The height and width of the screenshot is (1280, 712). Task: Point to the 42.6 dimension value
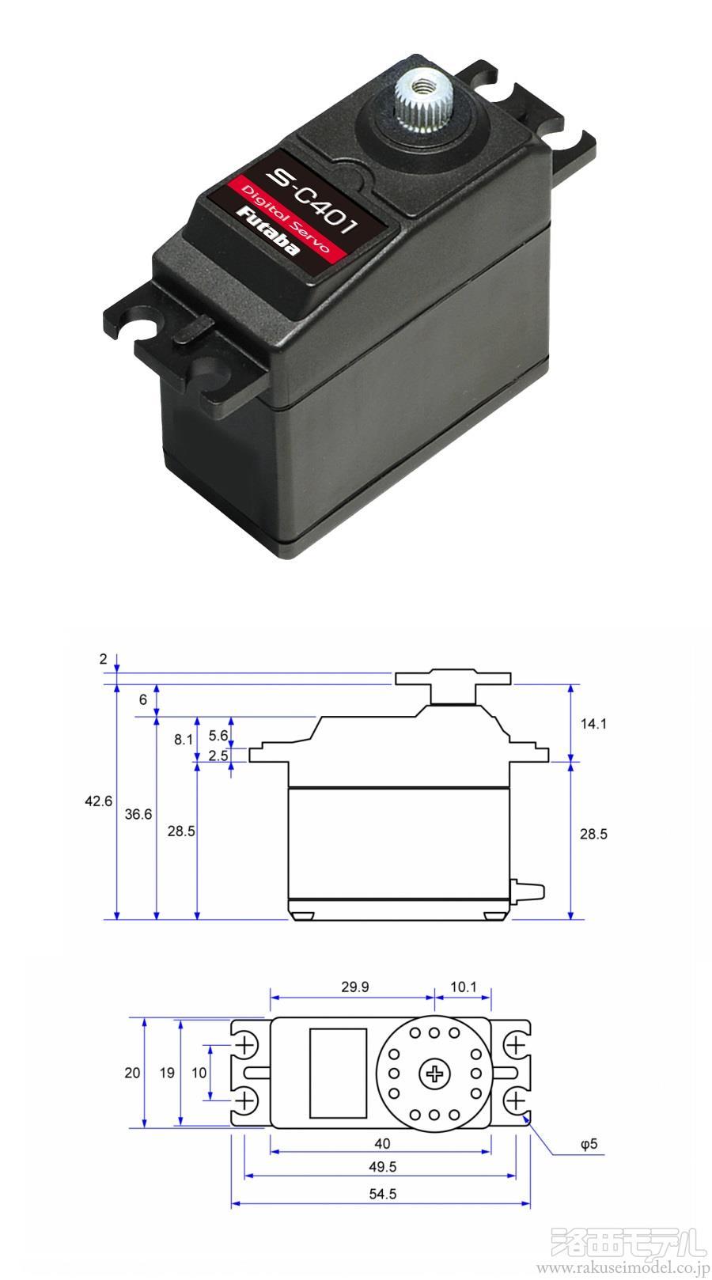pyautogui.click(x=98, y=801)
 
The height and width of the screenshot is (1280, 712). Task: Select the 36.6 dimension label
pyautogui.click(x=138, y=813)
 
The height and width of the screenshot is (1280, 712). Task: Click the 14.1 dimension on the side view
pyautogui.click(x=593, y=722)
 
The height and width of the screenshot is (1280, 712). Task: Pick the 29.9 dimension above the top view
pyautogui.click(x=355, y=987)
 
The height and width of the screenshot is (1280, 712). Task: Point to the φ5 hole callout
pyautogui.click(x=589, y=1144)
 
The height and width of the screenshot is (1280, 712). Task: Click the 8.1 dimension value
pyautogui.click(x=183, y=739)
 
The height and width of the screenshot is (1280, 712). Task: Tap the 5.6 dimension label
pyautogui.click(x=218, y=735)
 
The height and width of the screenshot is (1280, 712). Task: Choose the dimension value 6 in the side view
pyautogui.click(x=142, y=699)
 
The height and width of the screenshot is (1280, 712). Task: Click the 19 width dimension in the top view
pyautogui.click(x=167, y=1073)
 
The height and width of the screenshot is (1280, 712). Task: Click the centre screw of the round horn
pyautogui.click(x=434, y=1074)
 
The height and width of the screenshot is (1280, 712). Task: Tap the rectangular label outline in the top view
pyautogui.click(x=338, y=1073)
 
